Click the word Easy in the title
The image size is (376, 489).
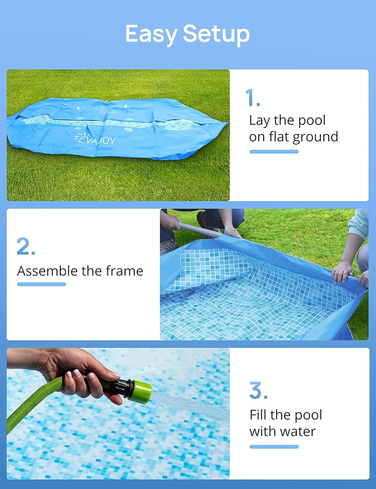[151, 34]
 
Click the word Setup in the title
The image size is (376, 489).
[216, 34]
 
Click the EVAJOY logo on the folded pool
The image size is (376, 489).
[95, 139]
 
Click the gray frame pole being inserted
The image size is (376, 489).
[200, 230]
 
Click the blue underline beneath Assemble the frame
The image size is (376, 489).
[41, 284]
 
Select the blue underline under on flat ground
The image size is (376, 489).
[274, 152]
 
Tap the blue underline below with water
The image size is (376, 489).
[274, 447]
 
